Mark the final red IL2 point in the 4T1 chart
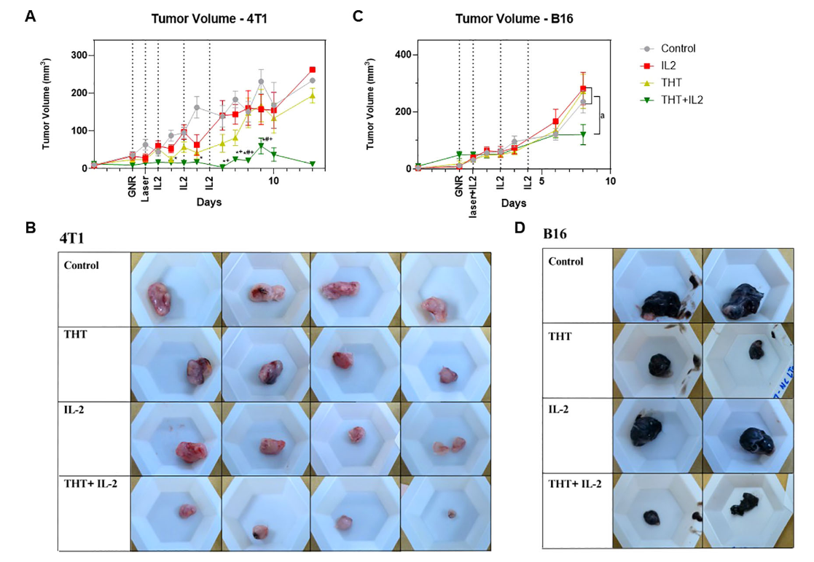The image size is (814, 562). coord(313,70)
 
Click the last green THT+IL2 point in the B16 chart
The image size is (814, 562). coord(583,134)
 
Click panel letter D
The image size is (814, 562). coord(520,227)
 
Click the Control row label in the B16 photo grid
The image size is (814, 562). coord(566,261)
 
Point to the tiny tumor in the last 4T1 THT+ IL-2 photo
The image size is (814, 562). coord(452,514)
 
